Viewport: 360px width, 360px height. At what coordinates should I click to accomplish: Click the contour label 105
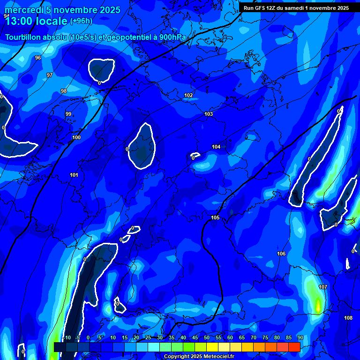[x=215, y=217]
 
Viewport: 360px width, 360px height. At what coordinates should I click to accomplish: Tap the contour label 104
[x=216, y=147]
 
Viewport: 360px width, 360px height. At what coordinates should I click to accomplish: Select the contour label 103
[x=209, y=114]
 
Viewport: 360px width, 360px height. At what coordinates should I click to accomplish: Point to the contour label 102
[x=188, y=95]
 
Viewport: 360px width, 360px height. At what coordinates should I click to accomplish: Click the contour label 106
[x=281, y=254]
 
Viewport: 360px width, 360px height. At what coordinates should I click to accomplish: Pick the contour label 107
[x=323, y=287]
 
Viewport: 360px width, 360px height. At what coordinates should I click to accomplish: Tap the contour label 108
[x=348, y=318]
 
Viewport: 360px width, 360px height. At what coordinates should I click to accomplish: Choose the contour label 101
[x=74, y=175]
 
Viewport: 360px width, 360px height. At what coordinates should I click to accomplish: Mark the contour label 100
[x=76, y=137]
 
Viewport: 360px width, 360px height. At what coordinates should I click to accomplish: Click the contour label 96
[x=38, y=58]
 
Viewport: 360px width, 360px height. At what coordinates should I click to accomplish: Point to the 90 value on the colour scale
[x=300, y=337]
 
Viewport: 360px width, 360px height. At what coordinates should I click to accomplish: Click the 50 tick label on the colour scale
[x=206, y=337]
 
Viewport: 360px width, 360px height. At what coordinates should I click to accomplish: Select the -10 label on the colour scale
[x=67, y=337]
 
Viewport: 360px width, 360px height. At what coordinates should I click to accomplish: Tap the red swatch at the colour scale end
[x=294, y=346]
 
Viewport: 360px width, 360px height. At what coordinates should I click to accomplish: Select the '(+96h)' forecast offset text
[x=81, y=21]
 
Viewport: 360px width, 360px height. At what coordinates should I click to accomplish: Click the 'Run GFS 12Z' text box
[x=296, y=8]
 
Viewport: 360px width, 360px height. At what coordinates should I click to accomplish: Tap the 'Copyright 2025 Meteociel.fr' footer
[x=199, y=356]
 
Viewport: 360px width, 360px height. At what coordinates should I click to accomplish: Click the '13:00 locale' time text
[x=37, y=21]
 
